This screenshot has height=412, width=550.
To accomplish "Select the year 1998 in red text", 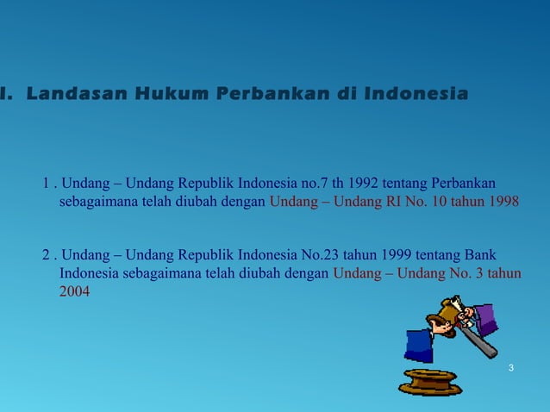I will click(x=501, y=202).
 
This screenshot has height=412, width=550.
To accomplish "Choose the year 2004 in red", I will click(x=74, y=292).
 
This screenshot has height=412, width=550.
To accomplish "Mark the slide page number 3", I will click(x=511, y=369).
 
